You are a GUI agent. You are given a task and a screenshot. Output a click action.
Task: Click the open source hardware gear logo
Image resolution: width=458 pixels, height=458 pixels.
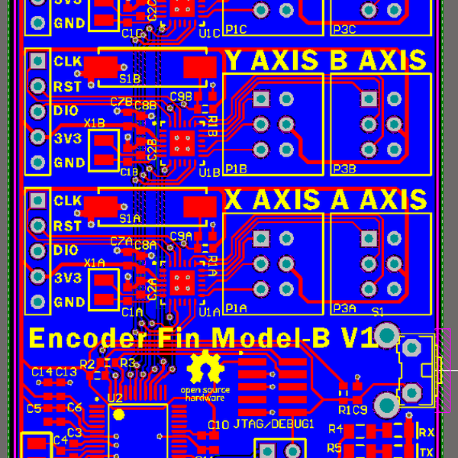(x=205, y=369)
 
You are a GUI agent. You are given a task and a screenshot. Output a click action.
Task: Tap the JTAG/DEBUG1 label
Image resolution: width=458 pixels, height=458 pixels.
(x=274, y=424)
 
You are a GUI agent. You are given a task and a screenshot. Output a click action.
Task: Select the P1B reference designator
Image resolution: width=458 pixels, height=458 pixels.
(x=236, y=169)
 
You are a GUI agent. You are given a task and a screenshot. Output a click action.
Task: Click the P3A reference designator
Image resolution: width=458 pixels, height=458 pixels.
(x=344, y=308)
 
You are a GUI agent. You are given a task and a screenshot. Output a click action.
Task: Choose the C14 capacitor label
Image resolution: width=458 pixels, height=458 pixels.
(x=42, y=372)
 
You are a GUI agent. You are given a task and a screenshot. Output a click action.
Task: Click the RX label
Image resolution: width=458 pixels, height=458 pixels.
(x=427, y=433)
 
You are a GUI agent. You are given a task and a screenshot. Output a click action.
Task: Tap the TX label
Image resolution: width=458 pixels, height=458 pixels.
(x=427, y=451)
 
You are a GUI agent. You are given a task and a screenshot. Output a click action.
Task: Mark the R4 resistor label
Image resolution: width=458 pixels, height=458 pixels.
(x=335, y=431)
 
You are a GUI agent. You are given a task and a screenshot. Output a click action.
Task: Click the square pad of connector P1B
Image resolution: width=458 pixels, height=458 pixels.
(x=261, y=99)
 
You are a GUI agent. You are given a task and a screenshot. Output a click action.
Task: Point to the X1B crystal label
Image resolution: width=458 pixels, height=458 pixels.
(x=95, y=122)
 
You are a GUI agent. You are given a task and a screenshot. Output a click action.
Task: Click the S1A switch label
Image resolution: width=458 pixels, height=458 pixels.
(x=130, y=218)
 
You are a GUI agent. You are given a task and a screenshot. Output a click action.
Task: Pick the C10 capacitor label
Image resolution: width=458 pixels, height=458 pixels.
(x=218, y=424)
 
